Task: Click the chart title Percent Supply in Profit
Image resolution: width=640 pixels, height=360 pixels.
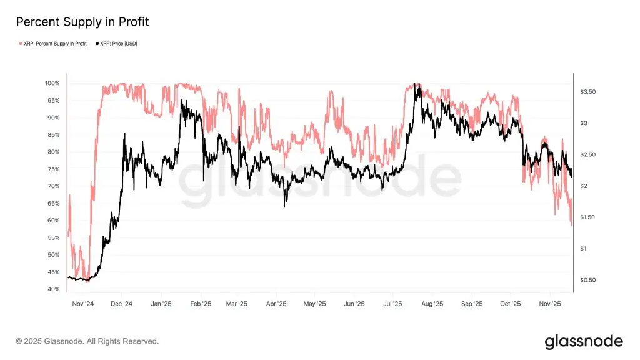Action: [82, 22]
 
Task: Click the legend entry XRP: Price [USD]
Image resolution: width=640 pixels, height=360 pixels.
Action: [118, 44]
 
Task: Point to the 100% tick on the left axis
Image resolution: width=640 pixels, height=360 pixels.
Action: [52, 83]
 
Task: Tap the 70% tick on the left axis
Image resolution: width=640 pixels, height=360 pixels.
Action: [52, 186]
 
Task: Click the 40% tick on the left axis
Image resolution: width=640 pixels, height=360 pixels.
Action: [52, 289]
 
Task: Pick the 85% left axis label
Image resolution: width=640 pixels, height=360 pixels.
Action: [52, 135]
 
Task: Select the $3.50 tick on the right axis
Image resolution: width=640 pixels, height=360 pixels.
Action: [588, 92]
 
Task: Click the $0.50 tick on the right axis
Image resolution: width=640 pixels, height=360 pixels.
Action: [588, 280]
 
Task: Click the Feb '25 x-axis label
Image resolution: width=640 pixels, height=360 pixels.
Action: [199, 304]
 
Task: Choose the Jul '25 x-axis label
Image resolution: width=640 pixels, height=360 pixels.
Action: [393, 304]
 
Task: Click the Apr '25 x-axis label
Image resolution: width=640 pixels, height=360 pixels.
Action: [276, 304]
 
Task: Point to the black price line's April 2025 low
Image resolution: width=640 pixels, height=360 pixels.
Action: [285, 206]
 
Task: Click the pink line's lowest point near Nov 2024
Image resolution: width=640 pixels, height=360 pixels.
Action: [87, 282]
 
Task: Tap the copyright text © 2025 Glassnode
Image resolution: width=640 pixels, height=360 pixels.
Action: [87, 341]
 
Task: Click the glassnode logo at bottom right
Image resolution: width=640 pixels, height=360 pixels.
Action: [584, 341]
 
